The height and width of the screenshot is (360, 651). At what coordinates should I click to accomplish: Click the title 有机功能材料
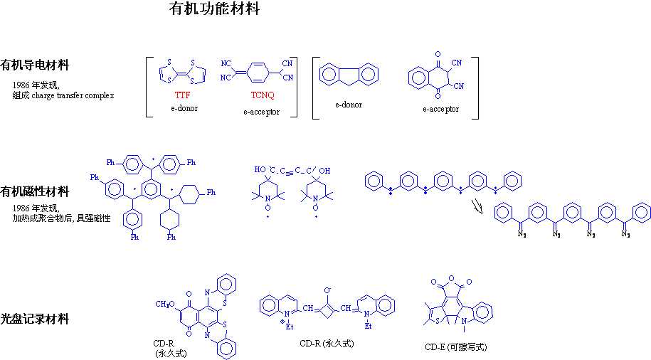coord(214,9)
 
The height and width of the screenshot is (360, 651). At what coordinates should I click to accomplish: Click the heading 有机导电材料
coord(35,65)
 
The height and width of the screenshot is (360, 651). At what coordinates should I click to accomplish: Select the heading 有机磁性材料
coord(35,191)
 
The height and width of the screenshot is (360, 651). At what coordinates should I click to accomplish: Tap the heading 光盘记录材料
coord(35,319)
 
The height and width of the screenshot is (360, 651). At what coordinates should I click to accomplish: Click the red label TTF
coord(183,95)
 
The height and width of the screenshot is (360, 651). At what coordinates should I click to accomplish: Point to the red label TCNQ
coord(261,95)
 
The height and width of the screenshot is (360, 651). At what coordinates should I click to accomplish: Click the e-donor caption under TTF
coord(184,108)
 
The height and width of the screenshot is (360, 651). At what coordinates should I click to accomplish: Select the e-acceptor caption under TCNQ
coord(261,112)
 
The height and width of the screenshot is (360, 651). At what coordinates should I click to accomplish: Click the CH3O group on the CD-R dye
coord(168,305)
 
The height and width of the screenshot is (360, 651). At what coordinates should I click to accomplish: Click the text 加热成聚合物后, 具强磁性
coord(62,218)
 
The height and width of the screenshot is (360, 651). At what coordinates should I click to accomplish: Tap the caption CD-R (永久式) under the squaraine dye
coord(327,344)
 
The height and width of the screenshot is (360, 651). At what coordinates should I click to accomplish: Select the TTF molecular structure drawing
coord(183,71)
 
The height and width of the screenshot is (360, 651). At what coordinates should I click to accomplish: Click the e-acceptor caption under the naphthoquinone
coord(440,109)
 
